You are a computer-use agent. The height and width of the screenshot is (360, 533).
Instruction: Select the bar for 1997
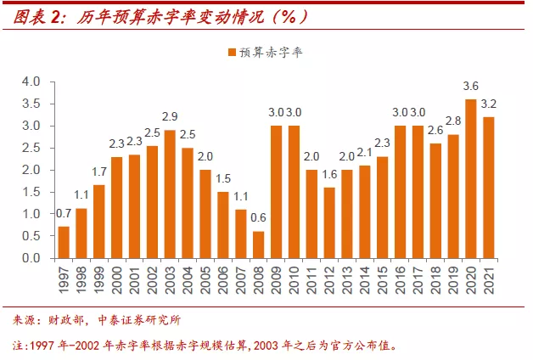64,242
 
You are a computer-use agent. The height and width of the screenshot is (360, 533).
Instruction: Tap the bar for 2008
258,245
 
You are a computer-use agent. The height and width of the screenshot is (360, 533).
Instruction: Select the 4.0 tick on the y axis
31,82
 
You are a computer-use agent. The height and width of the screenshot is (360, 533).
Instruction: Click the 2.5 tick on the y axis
31,148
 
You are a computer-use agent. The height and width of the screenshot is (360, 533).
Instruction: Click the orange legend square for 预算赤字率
232,53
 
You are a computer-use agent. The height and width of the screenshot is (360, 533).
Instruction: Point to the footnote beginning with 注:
204,346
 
